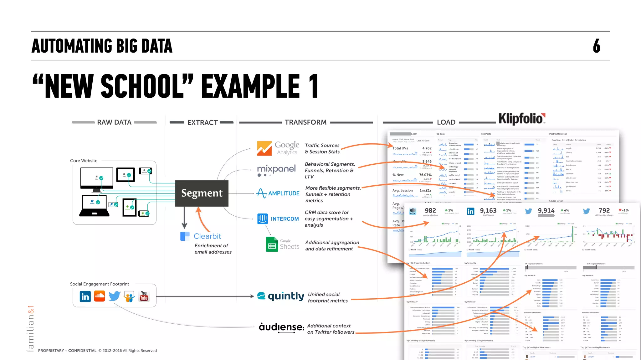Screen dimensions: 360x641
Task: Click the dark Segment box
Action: tap(202, 193)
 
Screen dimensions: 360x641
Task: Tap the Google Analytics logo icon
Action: tap(264, 148)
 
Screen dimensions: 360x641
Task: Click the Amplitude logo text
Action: tap(284, 193)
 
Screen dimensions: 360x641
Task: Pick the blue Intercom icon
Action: tap(263, 219)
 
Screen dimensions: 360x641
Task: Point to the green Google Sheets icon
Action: tap(272, 244)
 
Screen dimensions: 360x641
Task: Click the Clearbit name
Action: tap(207, 236)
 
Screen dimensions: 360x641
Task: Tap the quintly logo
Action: tap(281, 296)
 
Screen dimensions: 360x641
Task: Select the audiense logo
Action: tap(281, 327)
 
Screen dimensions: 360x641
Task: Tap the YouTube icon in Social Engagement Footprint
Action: tap(144, 296)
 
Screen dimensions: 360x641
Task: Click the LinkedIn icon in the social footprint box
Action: tap(85, 296)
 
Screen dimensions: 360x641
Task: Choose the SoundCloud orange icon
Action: tap(100, 296)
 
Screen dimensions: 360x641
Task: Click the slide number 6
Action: tap(597, 46)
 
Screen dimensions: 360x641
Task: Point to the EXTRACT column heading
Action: tap(203, 122)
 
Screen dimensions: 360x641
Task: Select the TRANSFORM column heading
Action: tap(305, 122)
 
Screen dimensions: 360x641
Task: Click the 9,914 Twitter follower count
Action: tap(546, 211)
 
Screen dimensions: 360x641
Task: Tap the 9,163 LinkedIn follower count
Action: tap(488, 211)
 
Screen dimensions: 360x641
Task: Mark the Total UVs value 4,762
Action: tap(427, 148)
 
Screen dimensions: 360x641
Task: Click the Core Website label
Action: tap(84, 161)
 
